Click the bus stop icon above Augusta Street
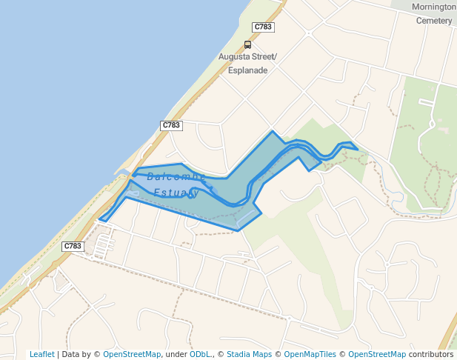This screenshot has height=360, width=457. click(247, 44)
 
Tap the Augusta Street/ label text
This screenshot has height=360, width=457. click(247, 57)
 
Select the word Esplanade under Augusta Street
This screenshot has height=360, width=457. click(247, 70)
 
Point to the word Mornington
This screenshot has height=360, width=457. click(434, 7)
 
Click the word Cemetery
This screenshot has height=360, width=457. click(434, 21)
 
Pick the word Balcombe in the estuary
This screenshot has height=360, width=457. click(176, 176)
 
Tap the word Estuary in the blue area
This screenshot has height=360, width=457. click(176, 193)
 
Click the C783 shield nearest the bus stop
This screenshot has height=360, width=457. click(263, 27)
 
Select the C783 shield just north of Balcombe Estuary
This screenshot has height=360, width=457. click(171, 125)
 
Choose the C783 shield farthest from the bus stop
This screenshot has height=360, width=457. click(73, 246)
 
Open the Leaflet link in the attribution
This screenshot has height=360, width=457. click(41, 355)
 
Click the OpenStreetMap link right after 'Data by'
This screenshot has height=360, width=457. click(132, 355)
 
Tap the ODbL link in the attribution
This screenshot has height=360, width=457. click(199, 355)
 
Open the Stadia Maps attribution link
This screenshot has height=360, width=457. click(249, 355)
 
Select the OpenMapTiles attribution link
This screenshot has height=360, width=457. click(310, 355)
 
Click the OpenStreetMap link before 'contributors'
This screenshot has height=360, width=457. click(377, 355)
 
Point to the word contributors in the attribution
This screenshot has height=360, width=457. click(430, 355)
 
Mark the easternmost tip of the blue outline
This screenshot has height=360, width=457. click(358, 150)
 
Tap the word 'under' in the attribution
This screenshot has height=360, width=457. click(176, 355)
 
